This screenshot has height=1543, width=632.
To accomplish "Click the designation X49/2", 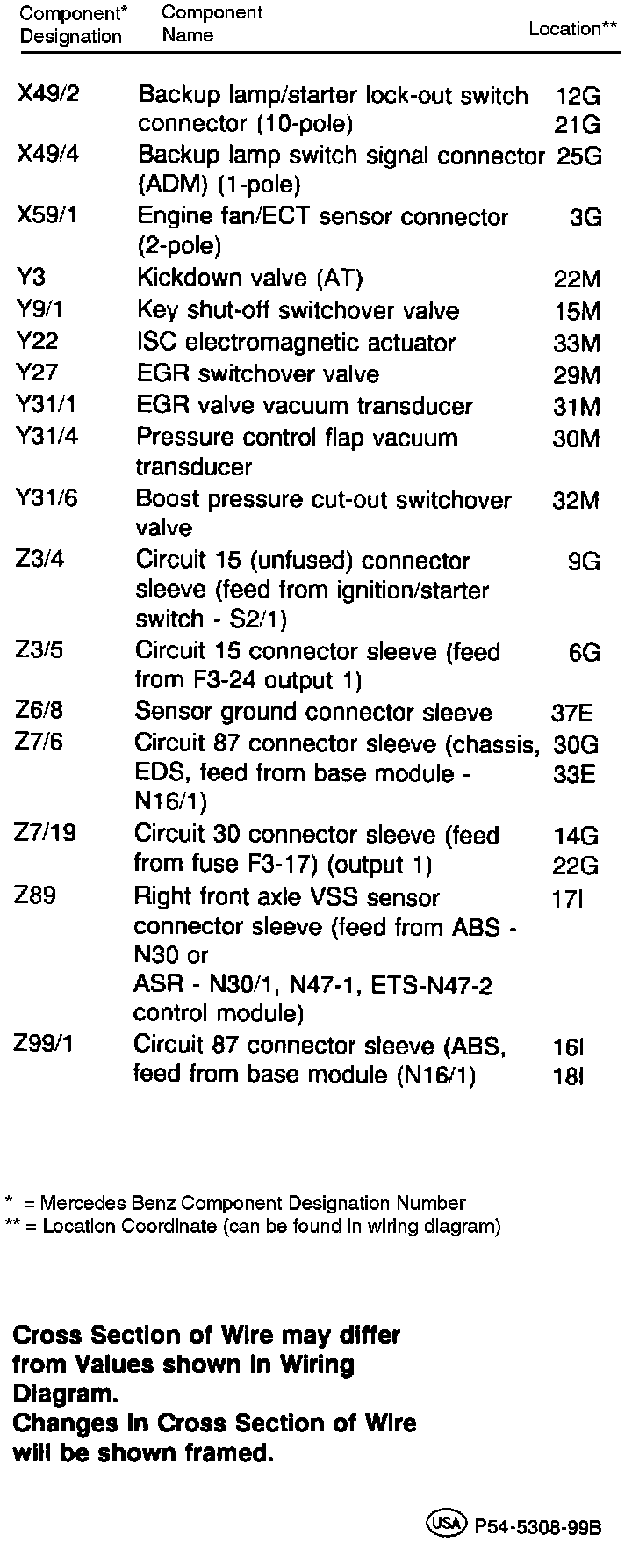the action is (x=48, y=94).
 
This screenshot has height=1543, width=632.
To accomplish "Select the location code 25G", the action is (x=579, y=156).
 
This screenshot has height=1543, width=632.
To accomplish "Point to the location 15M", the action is (x=578, y=311).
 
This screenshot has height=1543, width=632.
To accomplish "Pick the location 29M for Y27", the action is (x=578, y=375).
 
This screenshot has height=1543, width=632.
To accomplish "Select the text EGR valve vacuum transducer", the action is (x=304, y=406).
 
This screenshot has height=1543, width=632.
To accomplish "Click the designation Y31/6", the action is (x=47, y=498).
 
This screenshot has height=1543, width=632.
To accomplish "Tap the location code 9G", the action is (x=585, y=561).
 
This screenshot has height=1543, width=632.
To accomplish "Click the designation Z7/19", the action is (x=46, y=833).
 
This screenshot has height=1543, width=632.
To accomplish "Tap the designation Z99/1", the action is (x=44, y=1044).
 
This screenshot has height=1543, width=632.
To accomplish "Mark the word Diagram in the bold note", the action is (x=64, y=1394).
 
